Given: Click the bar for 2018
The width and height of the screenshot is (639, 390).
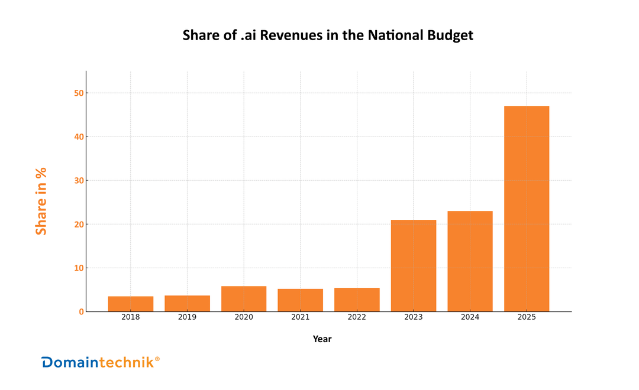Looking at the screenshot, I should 131,304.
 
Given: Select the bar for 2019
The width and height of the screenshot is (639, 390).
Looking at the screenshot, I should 188,303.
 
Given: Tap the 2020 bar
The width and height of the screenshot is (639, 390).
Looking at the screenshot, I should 244,299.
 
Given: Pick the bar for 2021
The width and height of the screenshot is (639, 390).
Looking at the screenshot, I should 301,300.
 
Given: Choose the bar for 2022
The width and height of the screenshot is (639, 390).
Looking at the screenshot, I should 357,300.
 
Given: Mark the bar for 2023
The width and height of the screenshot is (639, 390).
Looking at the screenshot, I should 414,266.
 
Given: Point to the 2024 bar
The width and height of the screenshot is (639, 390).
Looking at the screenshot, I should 470,261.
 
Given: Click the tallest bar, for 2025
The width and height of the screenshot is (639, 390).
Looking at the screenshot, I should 527,209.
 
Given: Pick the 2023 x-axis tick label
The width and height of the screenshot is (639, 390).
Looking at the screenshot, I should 414,317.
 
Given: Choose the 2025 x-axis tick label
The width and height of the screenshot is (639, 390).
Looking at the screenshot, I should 527,317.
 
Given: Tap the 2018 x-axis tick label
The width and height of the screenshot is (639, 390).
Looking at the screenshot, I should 131,317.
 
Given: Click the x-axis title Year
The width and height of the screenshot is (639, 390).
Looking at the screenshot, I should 322,339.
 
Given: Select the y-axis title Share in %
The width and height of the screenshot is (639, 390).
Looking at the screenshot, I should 41,201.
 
